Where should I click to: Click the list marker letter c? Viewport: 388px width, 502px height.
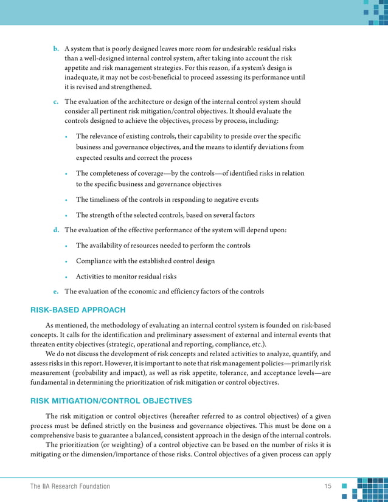point(56,101)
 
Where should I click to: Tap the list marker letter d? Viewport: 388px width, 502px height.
point(56,230)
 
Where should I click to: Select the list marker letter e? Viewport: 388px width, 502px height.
point(56,291)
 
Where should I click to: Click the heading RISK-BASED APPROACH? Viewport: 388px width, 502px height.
point(78,310)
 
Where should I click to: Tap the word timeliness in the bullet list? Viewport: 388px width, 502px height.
point(108,200)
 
